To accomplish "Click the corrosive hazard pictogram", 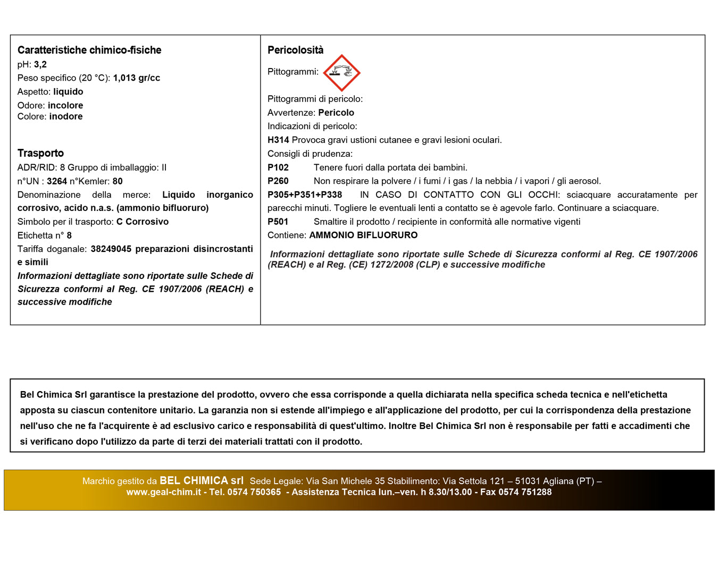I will coord(341,73).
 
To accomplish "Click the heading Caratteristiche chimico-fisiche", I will coord(89,50).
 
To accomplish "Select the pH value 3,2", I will coord(40,64).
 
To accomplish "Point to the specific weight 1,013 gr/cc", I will coord(136,78).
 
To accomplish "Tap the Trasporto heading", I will coord(40,153).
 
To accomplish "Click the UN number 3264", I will coord(57,181).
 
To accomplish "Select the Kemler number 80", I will coord(118,181).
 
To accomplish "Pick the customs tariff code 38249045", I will coord(111,249).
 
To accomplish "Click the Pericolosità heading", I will coord(295,50).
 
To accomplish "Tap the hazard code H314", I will coord(278,140).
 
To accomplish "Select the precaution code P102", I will coord(278,167).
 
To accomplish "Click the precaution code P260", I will coord(278,181).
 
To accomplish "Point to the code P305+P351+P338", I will coord(305,195).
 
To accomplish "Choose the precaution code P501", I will coord(278,222).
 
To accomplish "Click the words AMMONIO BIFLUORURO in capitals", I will coord(363,235).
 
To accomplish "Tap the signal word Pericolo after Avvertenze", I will coord(336,113).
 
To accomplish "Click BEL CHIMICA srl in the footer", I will coord(202,480).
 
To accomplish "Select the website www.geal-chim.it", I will coord(163,492).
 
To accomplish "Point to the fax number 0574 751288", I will coord(525,492).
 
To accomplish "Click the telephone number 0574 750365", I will coord(254,492).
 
